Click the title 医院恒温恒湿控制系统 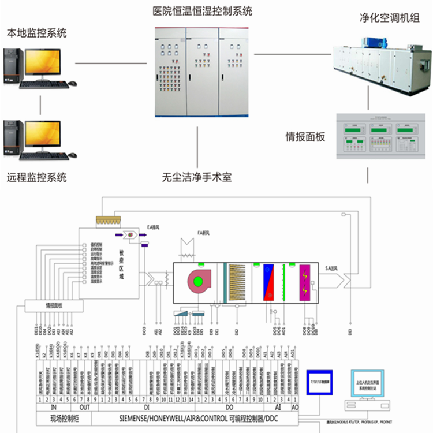coord(202,11)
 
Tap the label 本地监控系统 coord(36,33)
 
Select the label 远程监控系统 coord(36,177)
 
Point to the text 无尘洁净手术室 coord(196,177)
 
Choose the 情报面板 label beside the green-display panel coord(306,137)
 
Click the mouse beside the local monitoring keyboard coord(72,84)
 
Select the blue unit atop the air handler coord(373,42)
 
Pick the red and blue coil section coord(269,282)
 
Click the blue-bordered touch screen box coord(320,382)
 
